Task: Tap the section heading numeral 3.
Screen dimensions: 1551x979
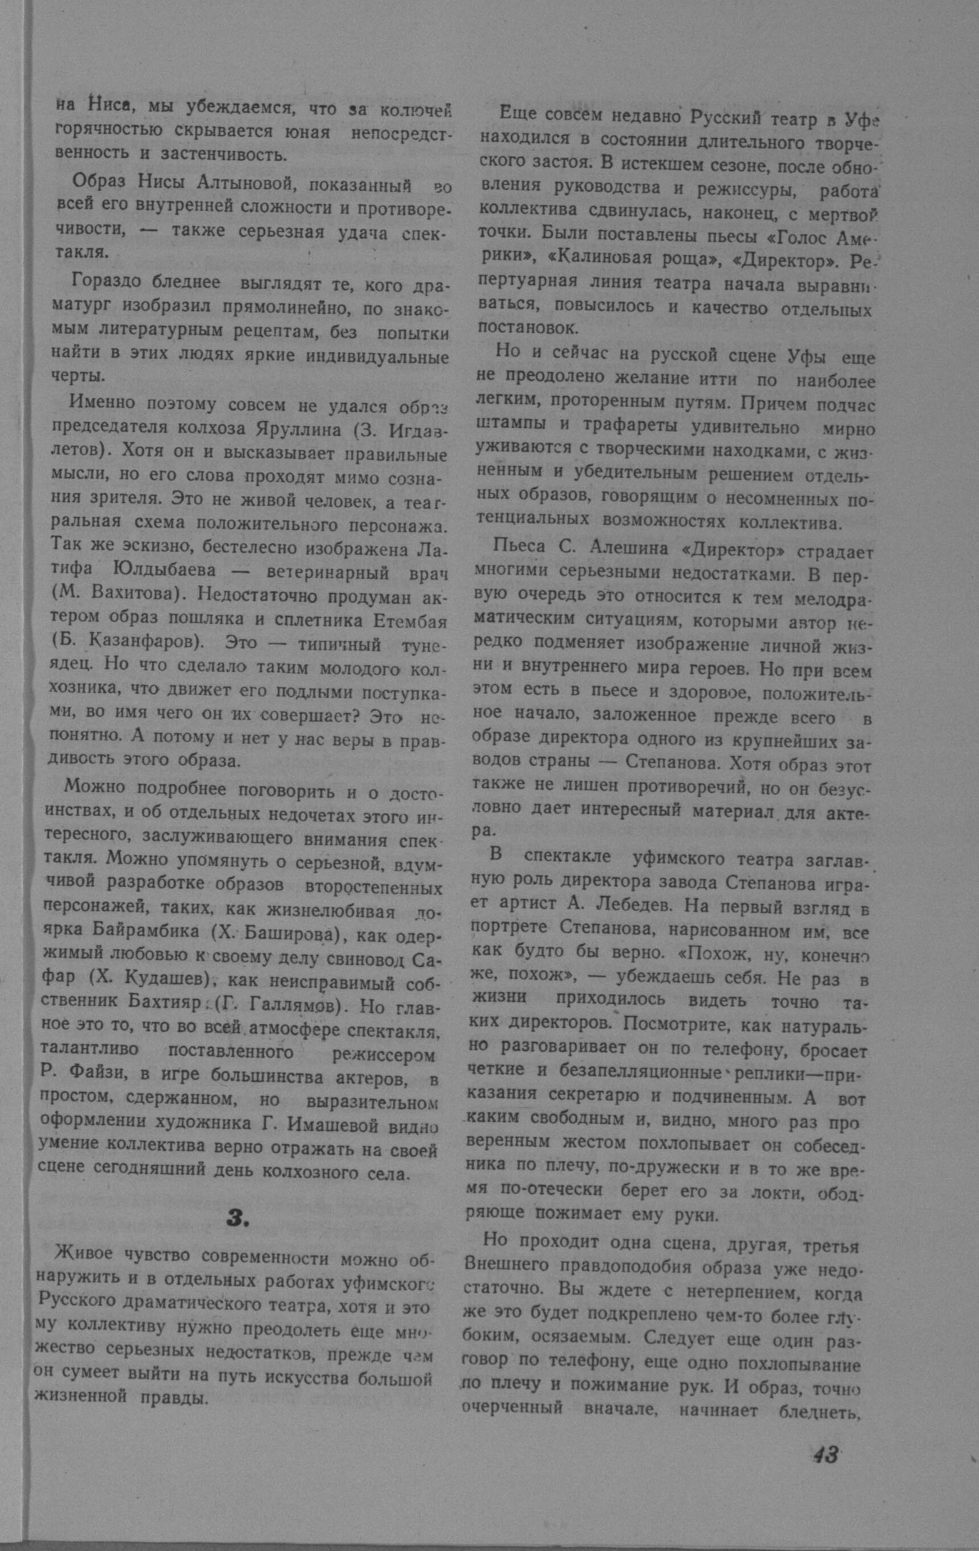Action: pos(236,1218)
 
